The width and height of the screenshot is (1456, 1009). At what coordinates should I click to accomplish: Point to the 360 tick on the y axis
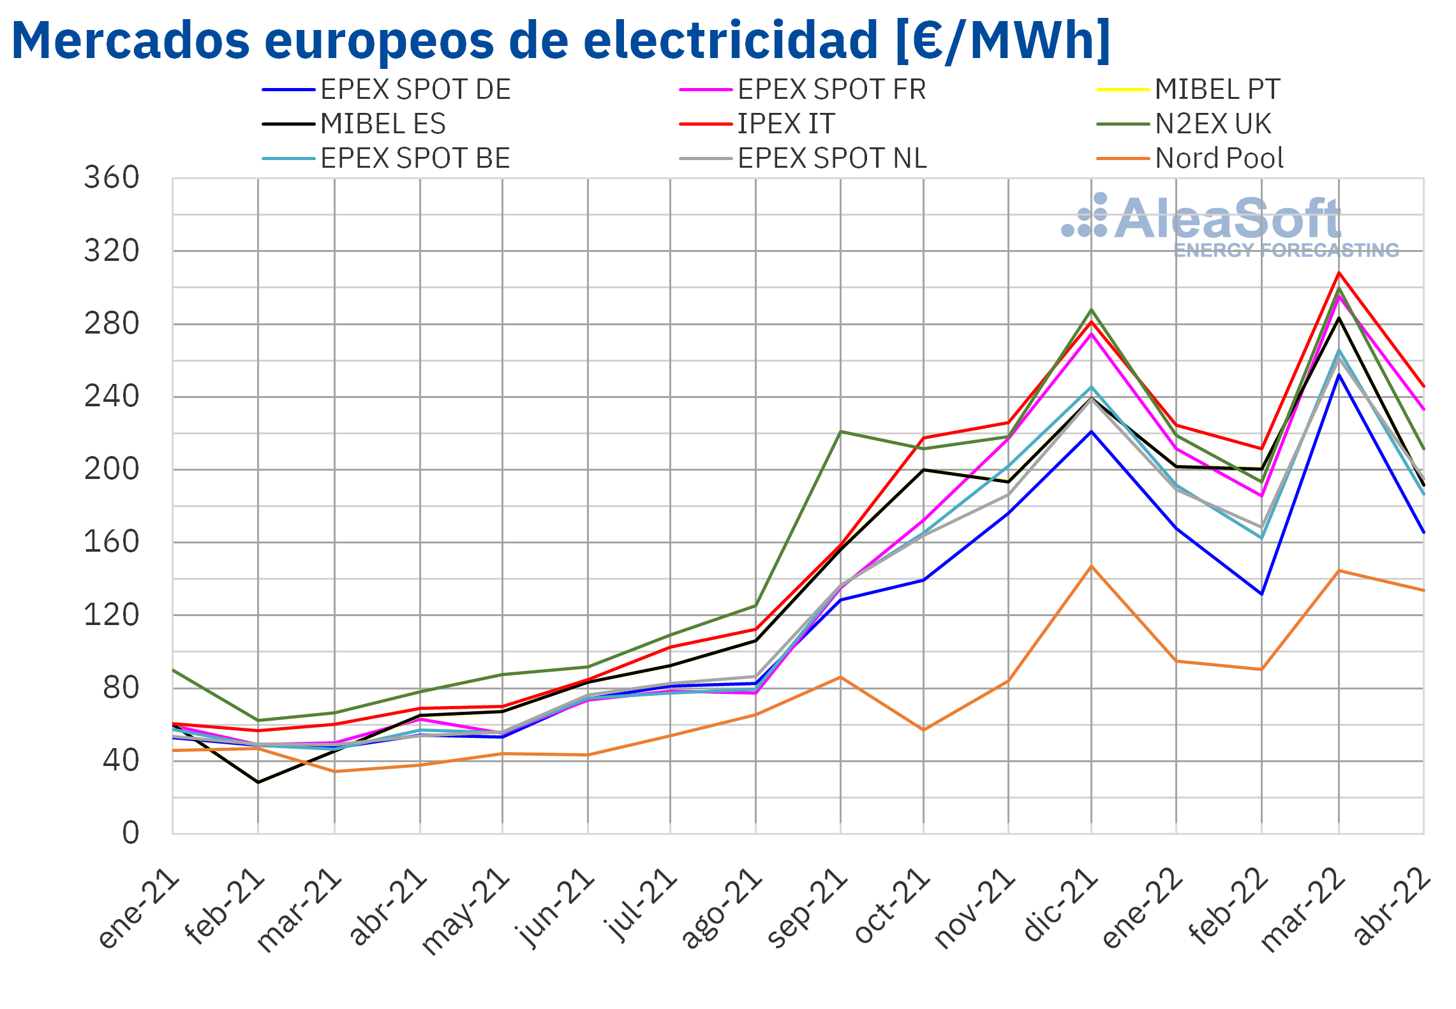pyautogui.click(x=112, y=178)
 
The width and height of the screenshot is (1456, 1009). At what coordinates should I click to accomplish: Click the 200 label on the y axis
pyautogui.click(x=112, y=469)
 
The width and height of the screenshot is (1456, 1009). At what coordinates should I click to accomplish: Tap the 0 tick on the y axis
pyautogui.click(x=130, y=833)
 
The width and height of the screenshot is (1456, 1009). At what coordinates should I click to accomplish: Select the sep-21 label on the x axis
pyautogui.click(x=807, y=908)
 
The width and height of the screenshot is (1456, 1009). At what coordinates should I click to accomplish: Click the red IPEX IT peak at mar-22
pyautogui.click(x=1339, y=273)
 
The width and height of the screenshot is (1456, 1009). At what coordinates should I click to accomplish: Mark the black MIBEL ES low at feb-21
pyautogui.click(x=258, y=782)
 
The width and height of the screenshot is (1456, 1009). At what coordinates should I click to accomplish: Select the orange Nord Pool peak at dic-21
pyautogui.click(x=1091, y=566)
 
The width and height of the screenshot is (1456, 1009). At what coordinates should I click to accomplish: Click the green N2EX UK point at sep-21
pyautogui.click(x=840, y=432)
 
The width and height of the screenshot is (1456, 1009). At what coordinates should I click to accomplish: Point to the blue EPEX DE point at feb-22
pyautogui.click(x=1261, y=594)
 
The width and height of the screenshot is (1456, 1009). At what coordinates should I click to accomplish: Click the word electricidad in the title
pyautogui.click(x=731, y=40)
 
